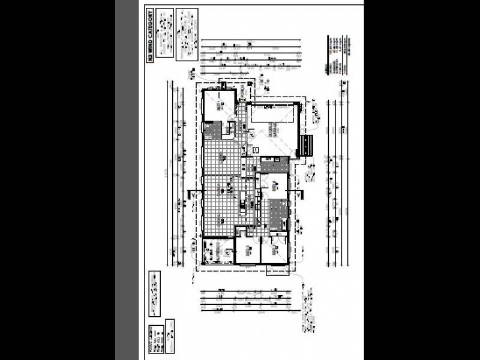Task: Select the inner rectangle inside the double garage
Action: (274, 116)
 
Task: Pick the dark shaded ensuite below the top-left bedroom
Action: (212, 130)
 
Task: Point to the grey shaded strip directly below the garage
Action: (274, 165)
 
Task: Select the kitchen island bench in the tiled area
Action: (242, 204)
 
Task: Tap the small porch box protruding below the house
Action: (277, 269)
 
